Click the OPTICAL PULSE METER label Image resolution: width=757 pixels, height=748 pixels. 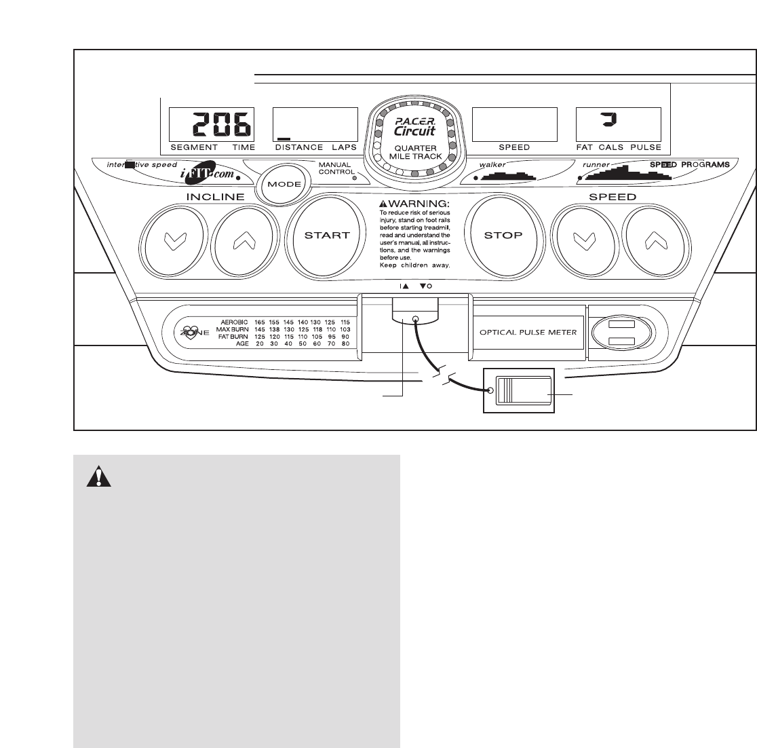(528, 333)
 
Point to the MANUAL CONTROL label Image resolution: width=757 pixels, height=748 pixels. (335, 168)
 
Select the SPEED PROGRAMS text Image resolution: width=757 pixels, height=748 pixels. (691, 165)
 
